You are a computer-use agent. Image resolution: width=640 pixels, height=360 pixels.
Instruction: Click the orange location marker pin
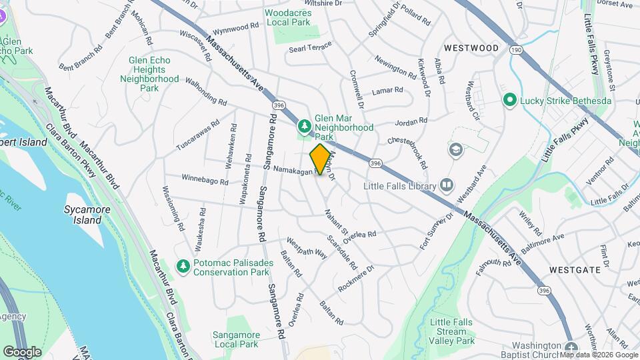coord(321,159)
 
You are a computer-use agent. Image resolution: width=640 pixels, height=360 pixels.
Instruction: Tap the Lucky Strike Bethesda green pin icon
coord(510,100)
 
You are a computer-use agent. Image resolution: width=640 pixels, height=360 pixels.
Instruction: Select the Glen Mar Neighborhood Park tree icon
coord(304,125)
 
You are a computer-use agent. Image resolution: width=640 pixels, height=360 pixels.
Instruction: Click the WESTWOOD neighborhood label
coord(471,48)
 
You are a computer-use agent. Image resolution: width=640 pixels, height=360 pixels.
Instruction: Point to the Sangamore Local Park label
coord(235,340)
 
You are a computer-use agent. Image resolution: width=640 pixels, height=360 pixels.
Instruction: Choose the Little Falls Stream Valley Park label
coord(452,331)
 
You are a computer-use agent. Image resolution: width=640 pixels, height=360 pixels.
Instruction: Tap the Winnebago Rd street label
coord(205,179)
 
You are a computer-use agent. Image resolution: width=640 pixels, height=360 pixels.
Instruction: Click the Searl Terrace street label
coord(310,49)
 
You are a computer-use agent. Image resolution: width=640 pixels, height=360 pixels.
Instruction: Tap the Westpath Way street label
coord(307,248)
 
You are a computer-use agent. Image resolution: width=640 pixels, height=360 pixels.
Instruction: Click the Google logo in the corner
coord(22,351)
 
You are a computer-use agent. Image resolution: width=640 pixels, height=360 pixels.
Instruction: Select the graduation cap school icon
coord(456,149)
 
